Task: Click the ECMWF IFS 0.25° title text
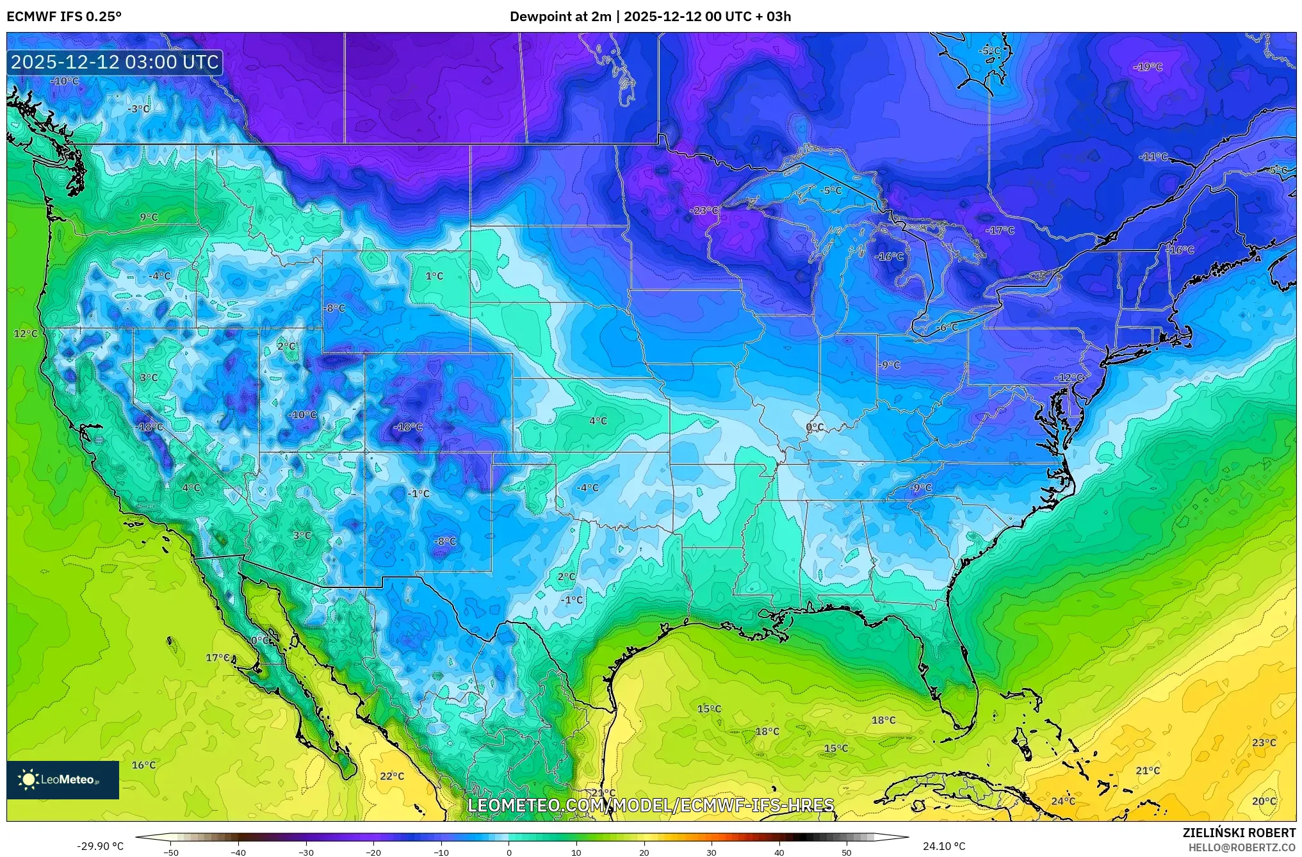pos(63,17)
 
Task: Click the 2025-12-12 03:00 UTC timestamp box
pos(115,62)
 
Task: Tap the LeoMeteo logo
pos(63,779)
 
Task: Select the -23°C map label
pos(704,211)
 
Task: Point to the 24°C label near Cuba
pos(1062,801)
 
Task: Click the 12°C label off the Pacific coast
pos(26,334)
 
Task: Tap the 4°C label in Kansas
pos(598,421)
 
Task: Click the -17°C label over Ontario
pos(999,230)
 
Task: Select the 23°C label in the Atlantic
pos(1264,742)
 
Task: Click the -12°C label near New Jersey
pos(1069,378)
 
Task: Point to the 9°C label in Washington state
pos(149,217)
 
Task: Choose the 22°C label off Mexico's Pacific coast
pos(391,776)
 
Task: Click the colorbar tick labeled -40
pos(238,851)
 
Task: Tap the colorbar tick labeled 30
pos(712,851)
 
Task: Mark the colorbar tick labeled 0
pos(509,851)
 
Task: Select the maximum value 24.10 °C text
pos(943,846)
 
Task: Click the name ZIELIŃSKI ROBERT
pos(1239,833)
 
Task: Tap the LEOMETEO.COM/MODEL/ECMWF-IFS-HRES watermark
pos(651,805)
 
